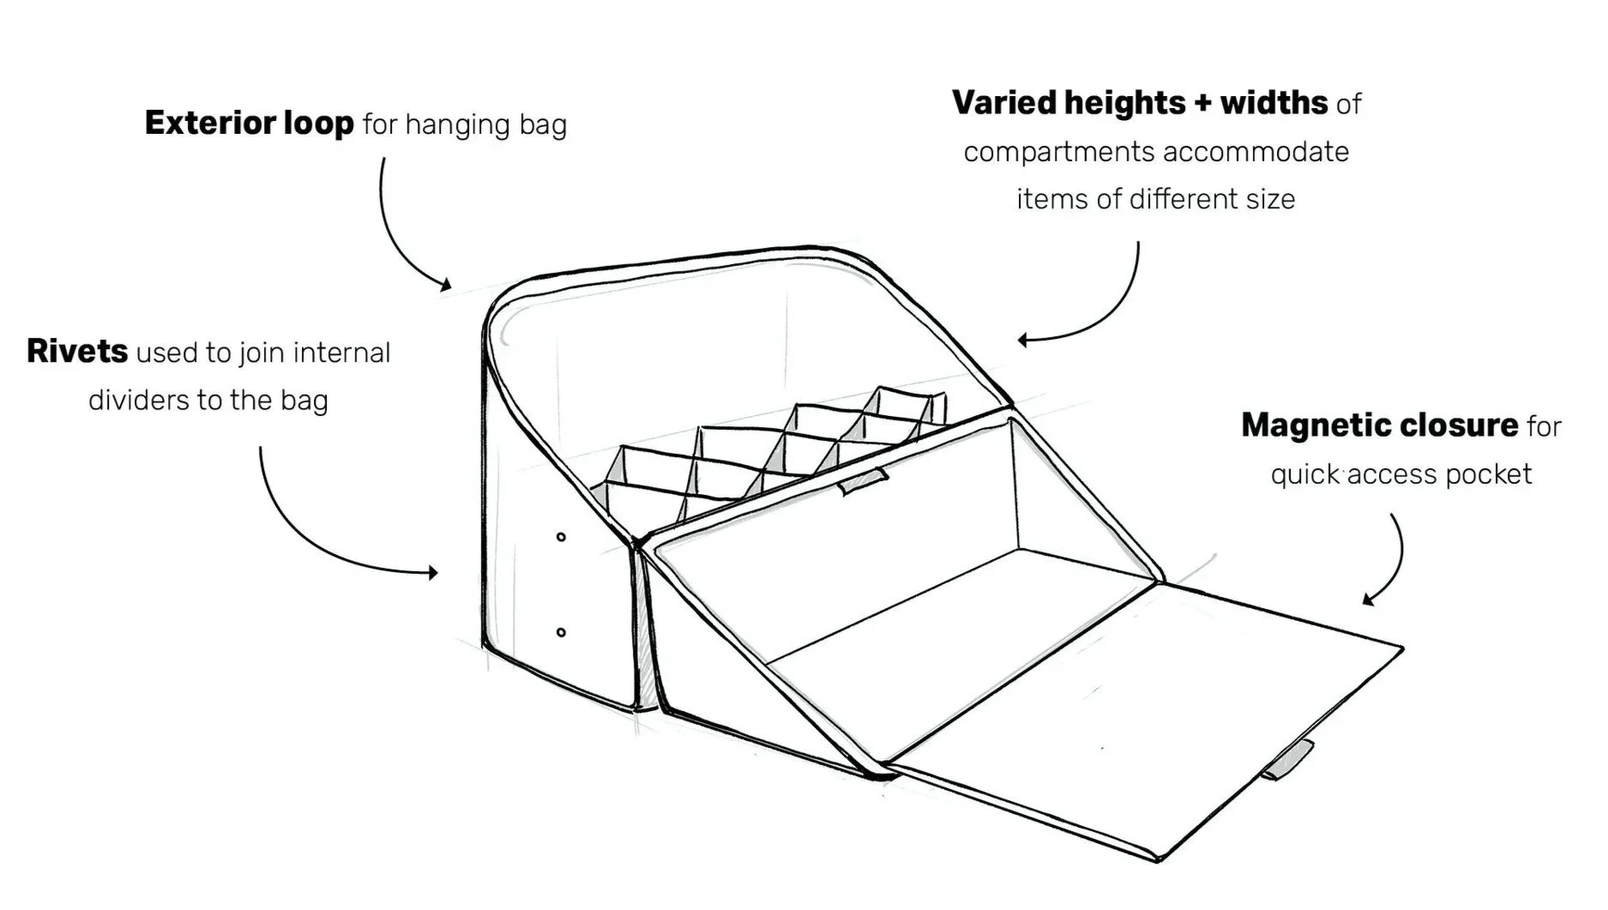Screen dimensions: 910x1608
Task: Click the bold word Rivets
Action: click(x=77, y=352)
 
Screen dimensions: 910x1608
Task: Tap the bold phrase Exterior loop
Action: click(x=249, y=124)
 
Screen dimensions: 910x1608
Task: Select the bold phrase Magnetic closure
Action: click(x=1379, y=425)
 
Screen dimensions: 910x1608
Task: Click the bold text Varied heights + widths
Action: click(x=1140, y=103)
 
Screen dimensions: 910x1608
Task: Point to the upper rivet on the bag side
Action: click(x=561, y=538)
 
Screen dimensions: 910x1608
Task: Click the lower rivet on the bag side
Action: click(x=561, y=633)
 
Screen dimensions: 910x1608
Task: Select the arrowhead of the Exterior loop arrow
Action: click(x=445, y=285)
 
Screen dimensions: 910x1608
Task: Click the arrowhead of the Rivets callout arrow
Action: click(x=434, y=572)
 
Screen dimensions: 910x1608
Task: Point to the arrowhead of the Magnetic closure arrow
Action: click(x=1368, y=600)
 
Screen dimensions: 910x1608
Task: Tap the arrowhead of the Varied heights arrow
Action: click(x=1023, y=340)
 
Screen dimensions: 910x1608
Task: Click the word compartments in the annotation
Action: click(x=1058, y=153)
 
